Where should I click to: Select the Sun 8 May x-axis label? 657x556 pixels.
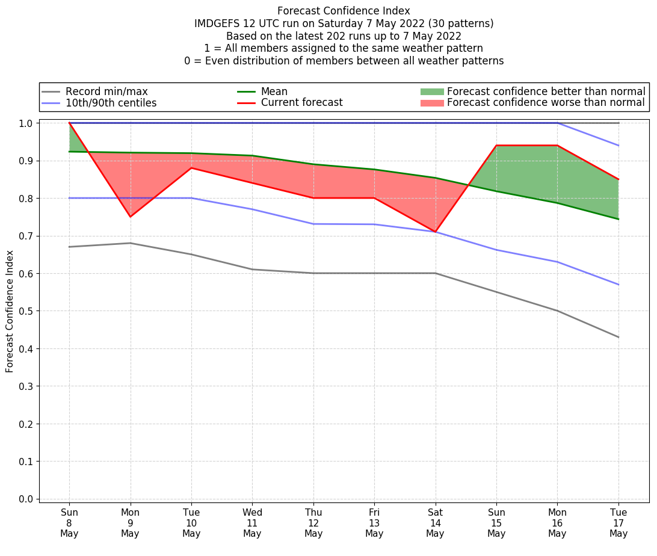(x=69, y=523)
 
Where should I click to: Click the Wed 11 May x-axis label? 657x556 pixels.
(x=252, y=523)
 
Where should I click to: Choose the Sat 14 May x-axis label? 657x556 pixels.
(x=435, y=523)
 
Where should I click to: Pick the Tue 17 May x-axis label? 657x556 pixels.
(x=618, y=523)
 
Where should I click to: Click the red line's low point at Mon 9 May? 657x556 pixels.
(x=131, y=217)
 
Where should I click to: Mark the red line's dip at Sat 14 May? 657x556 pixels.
(x=435, y=232)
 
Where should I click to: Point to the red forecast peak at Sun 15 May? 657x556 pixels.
(x=496, y=146)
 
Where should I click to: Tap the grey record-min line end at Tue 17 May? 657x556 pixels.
(x=618, y=337)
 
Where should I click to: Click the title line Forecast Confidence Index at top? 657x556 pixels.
(x=344, y=11)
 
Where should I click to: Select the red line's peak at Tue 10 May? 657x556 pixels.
(x=191, y=168)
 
